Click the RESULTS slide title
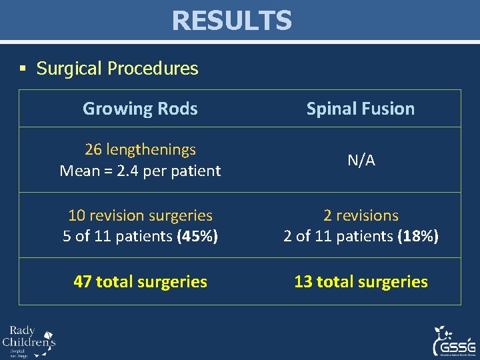(x=231, y=21)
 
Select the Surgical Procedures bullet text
(x=117, y=69)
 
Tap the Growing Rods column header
(x=140, y=109)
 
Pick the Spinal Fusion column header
(x=360, y=109)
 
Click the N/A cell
(x=361, y=160)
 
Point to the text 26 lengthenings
(x=140, y=149)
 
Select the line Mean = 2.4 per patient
(x=140, y=171)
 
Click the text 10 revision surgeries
(x=140, y=215)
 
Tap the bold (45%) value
(x=198, y=236)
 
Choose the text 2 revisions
(x=361, y=215)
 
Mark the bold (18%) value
(x=418, y=236)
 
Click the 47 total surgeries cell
(x=140, y=281)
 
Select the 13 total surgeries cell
(x=361, y=281)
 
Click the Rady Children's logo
(x=29, y=341)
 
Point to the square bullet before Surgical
(x=23, y=69)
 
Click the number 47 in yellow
(x=83, y=281)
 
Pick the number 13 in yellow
(x=303, y=281)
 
